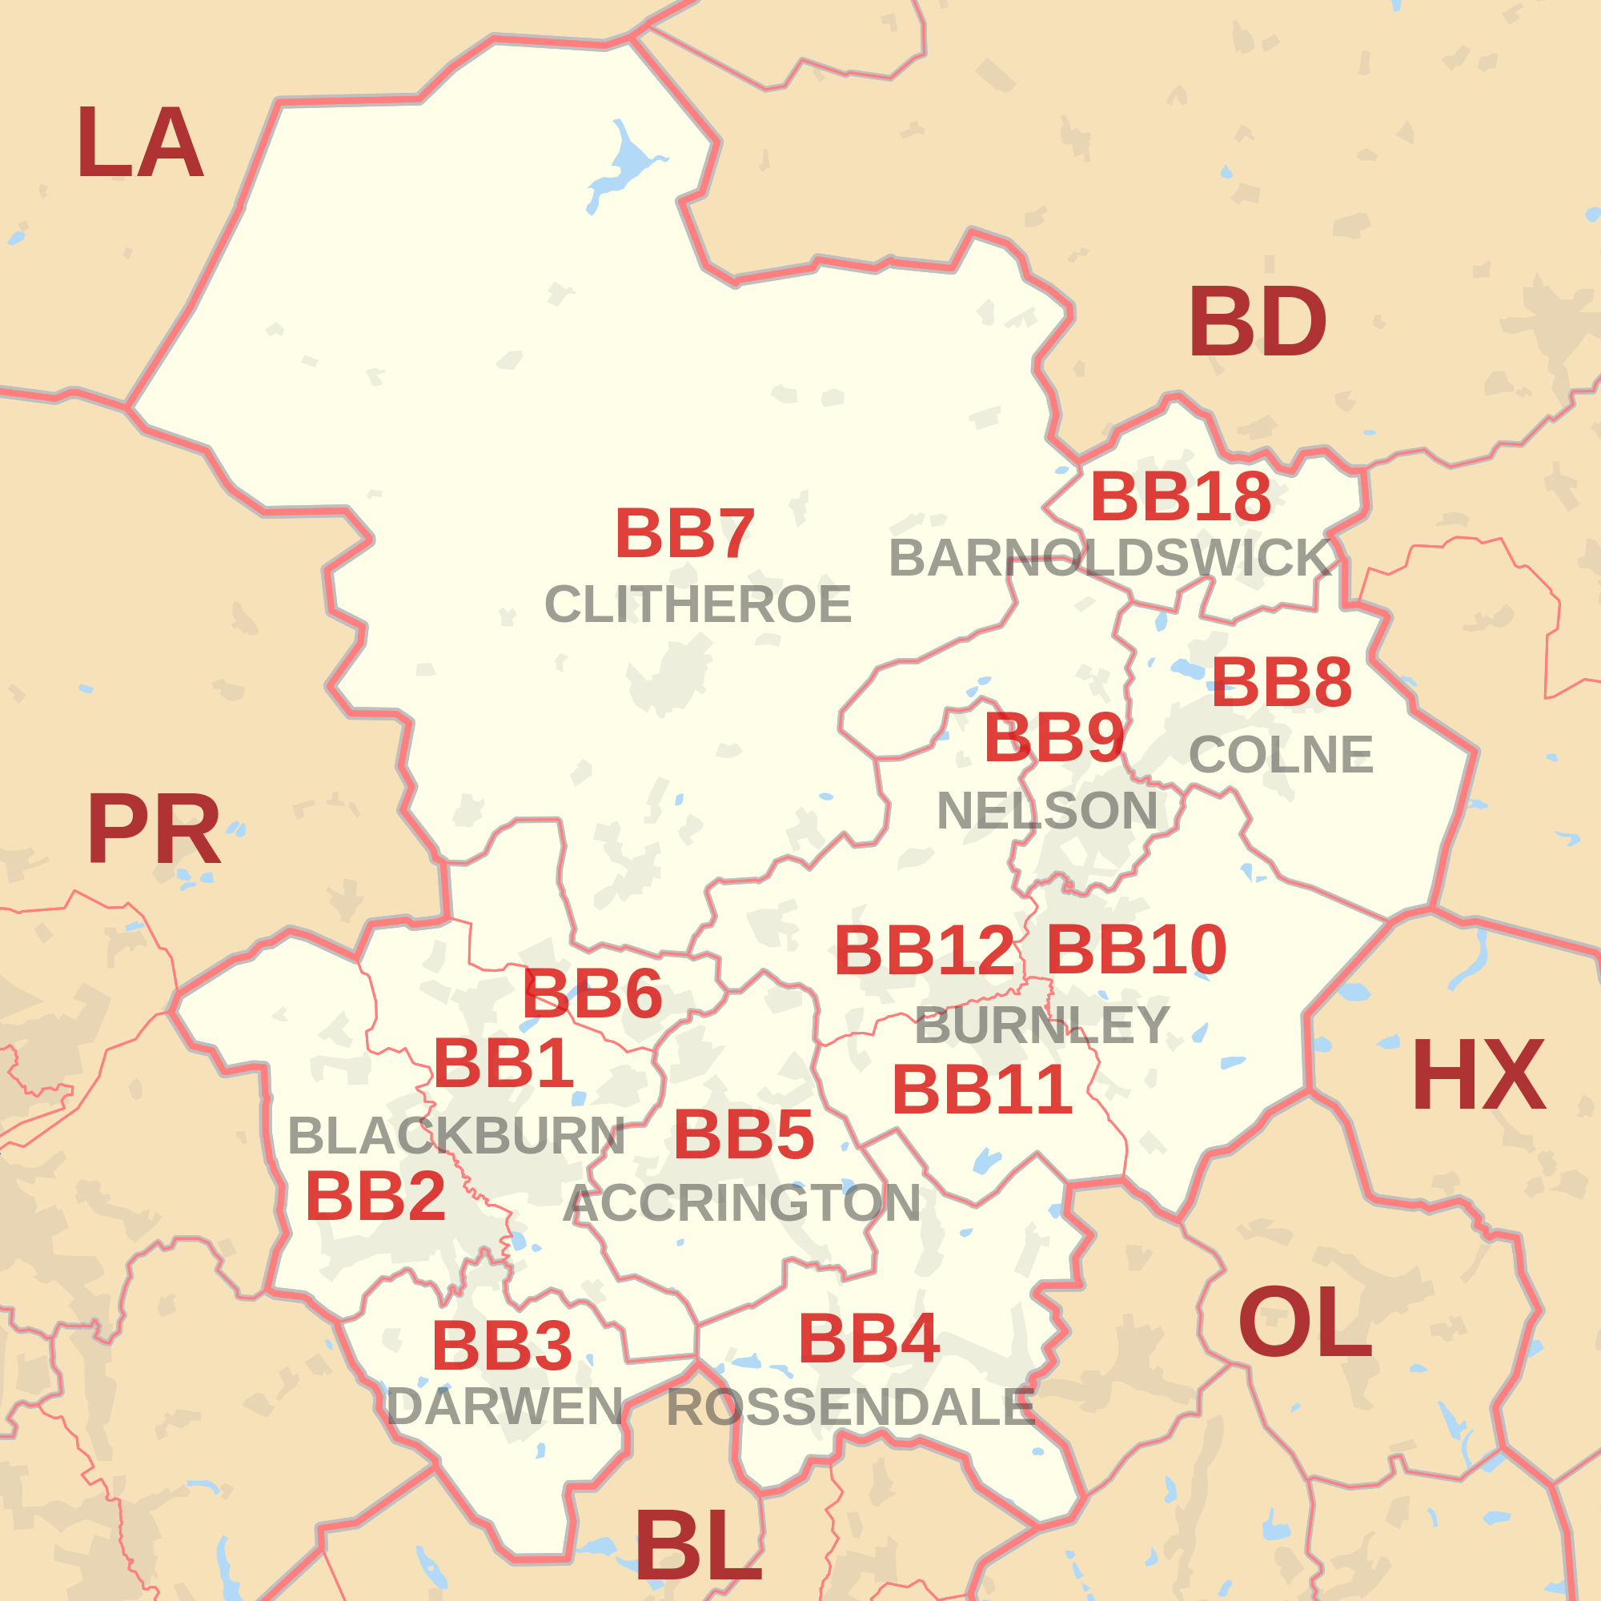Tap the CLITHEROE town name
pos(698,604)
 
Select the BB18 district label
pos(1180,497)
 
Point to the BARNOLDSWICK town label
pos(1110,558)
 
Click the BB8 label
pos(1281,683)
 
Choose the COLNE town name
pos(1281,754)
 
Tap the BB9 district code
pos(1053,737)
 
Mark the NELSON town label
pos(1046,810)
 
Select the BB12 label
pos(924,950)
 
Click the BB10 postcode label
pos(1136,949)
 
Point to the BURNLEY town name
pos(1041,1025)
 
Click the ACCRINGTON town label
pos(742,1203)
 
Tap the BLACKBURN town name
pos(455,1136)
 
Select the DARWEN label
pos(504,1406)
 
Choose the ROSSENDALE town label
pos(850,1406)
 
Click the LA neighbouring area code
pos(139,143)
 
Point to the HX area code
pos(1479,1077)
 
